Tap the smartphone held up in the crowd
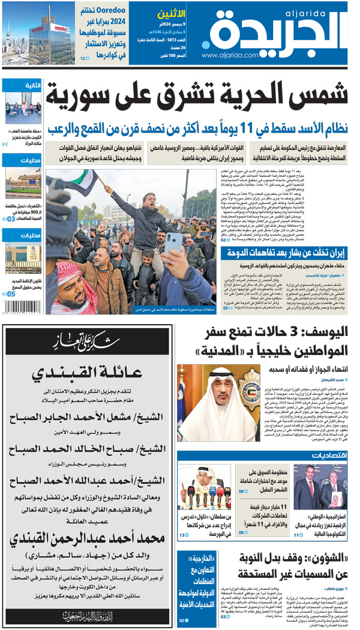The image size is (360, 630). click(174, 243)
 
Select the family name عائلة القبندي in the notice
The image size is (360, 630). click(88, 373)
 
